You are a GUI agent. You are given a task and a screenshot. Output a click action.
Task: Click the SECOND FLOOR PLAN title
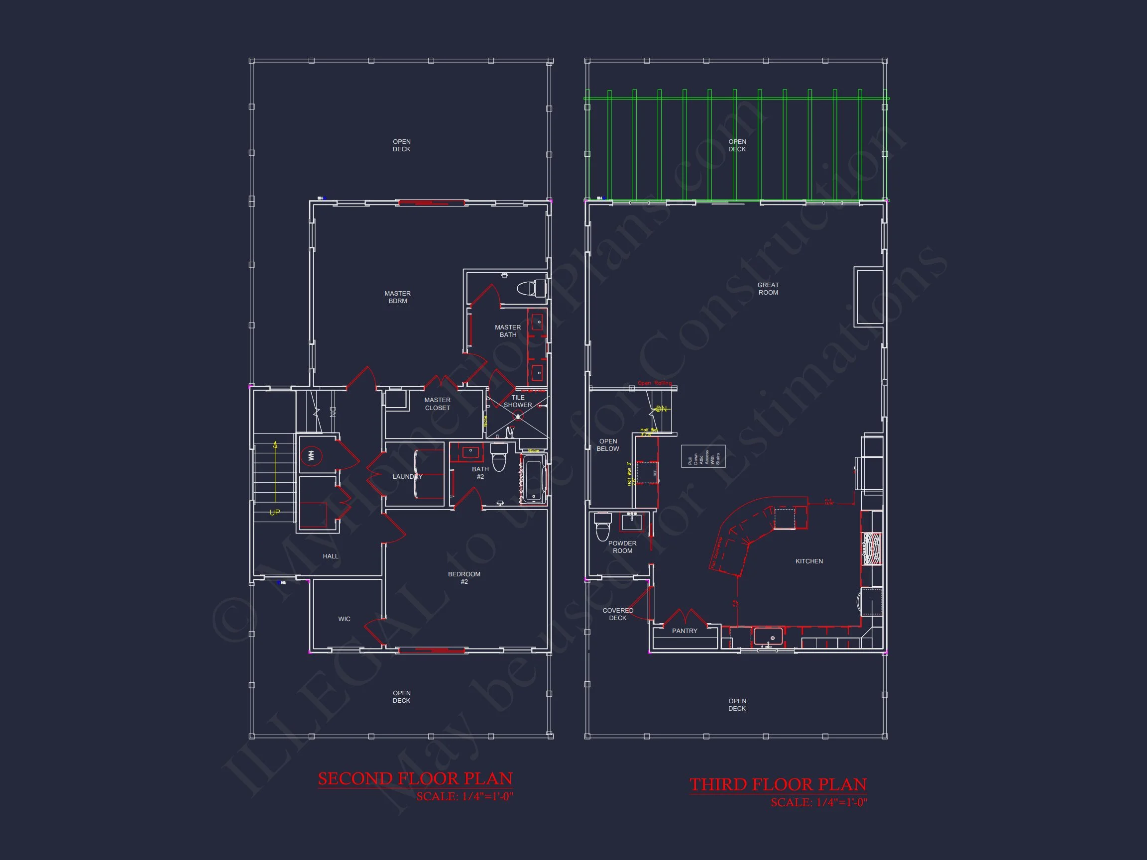click(415, 778)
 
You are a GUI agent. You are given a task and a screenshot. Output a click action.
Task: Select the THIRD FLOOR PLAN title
click(778, 784)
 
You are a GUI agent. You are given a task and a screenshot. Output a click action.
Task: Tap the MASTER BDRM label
click(398, 297)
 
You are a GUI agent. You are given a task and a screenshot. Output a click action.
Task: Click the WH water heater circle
click(311, 456)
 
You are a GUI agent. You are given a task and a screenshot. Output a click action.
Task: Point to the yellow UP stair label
click(275, 513)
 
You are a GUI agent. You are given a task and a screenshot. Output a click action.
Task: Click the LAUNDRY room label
click(407, 476)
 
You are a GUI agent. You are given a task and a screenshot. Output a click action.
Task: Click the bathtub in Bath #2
click(534, 478)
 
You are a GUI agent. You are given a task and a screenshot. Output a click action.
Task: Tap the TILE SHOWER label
click(518, 401)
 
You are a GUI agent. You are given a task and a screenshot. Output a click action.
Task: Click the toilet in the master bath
click(531, 288)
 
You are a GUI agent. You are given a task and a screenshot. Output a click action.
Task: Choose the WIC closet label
click(344, 619)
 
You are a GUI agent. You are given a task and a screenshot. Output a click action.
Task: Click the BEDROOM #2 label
click(464, 577)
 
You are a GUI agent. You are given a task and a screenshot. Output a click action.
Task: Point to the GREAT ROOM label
click(768, 289)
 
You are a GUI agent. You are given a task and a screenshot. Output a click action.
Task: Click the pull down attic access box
click(703, 456)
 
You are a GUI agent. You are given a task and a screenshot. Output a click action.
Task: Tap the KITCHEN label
click(809, 561)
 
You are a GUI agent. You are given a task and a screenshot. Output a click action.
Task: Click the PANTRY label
click(685, 631)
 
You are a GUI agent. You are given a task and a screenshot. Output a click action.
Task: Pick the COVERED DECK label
click(618, 614)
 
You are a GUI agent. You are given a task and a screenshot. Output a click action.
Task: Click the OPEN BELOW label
click(608, 445)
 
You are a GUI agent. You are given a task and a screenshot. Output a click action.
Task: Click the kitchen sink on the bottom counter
click(768, 636)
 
